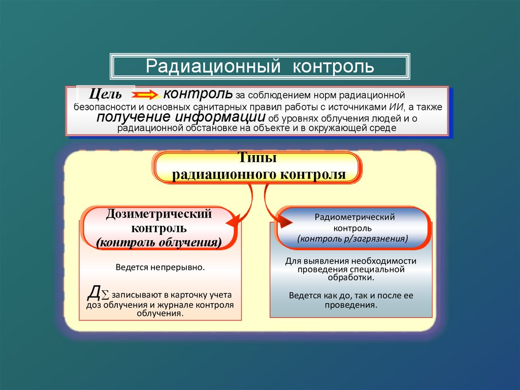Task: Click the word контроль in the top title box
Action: click(x=333, y=67)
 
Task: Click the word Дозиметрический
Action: click(x=158, y=214)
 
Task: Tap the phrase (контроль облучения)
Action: click(x=158, y=243)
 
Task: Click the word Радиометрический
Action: click(x=354, y=217)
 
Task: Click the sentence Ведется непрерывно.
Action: click(x=160, y=266)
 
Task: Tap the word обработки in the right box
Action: click(x=351, y=278)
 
